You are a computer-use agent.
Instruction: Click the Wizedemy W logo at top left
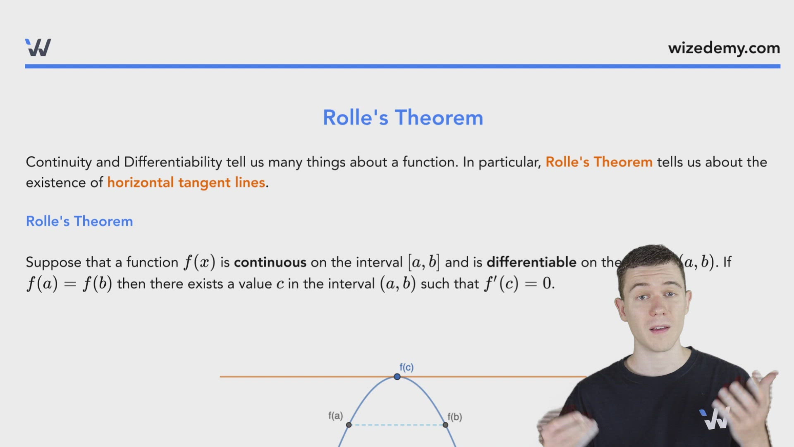click(38, 48)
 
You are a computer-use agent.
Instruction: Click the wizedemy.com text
click(724, 48)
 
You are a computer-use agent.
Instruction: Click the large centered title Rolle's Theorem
click(403, 118)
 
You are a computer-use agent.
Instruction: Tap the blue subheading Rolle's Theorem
click(79, 221)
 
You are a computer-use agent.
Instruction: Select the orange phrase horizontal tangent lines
click(186, 183)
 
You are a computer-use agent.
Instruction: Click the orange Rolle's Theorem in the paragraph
click(599, 162)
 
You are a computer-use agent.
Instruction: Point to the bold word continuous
click(270, 262)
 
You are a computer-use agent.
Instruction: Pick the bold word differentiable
click(531, 262)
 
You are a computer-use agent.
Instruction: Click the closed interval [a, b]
click(423, 262)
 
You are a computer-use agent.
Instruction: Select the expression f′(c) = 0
click(519, 284)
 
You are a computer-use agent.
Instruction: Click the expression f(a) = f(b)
click(69, 284)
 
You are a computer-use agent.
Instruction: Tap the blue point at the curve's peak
click(397, 377)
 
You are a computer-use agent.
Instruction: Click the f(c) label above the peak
click(407, 367)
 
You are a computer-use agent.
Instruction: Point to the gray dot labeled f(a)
click(349, 425)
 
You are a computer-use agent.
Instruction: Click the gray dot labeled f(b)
click(445, 425)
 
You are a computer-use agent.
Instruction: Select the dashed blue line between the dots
click(397, 425)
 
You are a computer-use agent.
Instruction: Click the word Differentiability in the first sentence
click(173, 162)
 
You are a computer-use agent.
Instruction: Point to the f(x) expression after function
click(200, 262)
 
